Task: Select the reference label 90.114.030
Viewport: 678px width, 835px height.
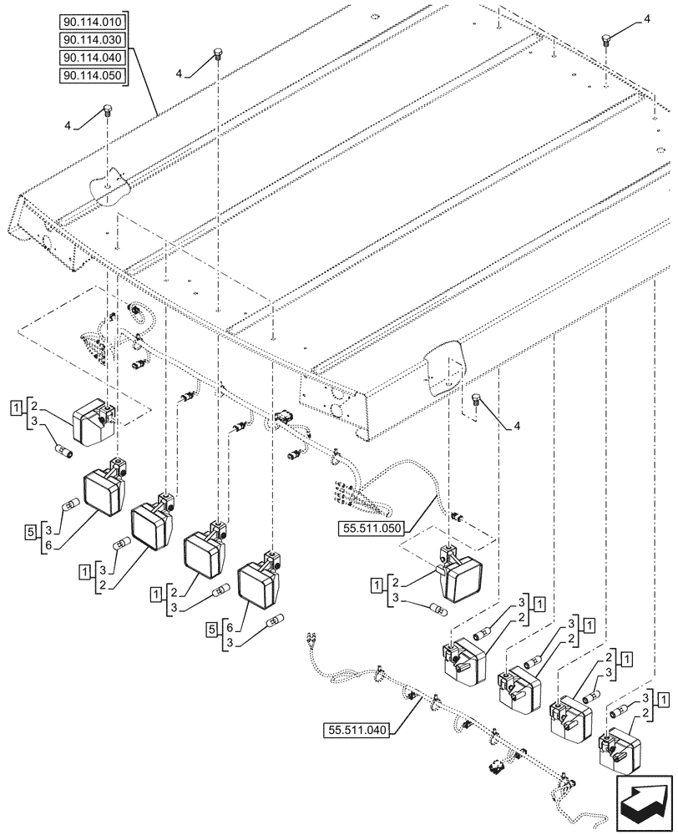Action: [x=93, y=40]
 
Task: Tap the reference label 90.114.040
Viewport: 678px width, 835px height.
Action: [x=93, y=58]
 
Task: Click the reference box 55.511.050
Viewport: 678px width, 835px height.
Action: [x=370, y=529]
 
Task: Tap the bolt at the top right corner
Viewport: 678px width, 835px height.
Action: [x=606, y=38]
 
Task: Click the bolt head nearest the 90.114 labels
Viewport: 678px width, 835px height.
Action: [x=218, y=54]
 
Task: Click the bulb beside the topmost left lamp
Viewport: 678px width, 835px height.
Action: [x=63, y=452]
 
